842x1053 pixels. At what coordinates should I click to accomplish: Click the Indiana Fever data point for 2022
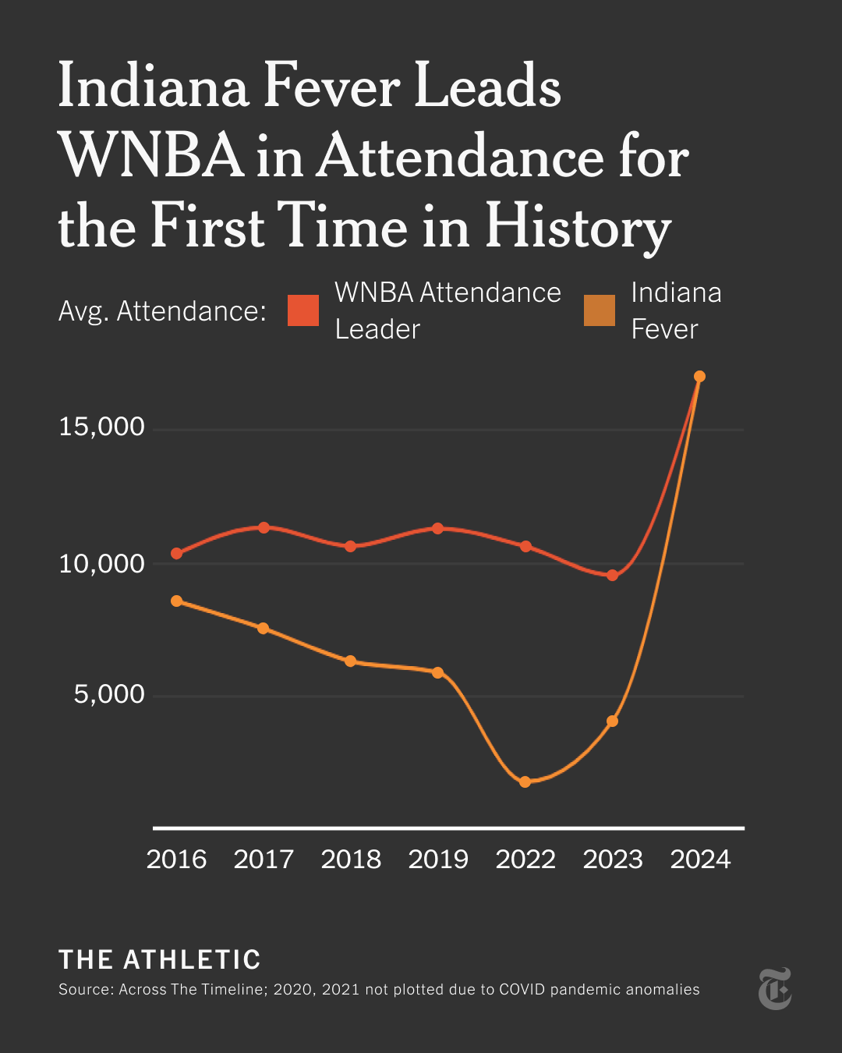tap(525, 782)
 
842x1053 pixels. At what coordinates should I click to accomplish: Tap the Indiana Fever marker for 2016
tap(176, 601)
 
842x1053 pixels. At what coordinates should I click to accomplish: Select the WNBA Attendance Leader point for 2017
tap(264, 527)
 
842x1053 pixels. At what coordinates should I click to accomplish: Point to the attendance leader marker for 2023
tap(612, 575)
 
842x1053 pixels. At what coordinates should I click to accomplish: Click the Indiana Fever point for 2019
tap(437, 672)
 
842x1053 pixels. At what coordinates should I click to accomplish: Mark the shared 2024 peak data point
tap(699, 377)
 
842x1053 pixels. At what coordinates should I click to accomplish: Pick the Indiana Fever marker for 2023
tap(612, 721)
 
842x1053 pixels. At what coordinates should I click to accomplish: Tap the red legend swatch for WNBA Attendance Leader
tap(303, 310)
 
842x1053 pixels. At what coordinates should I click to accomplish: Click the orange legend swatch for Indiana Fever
tap(600, 310)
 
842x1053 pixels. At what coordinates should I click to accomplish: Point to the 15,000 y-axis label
tap(101, 427)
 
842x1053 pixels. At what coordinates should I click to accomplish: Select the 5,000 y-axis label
tap(109, 693)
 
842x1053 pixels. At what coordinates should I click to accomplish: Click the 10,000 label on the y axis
tap(101, 563)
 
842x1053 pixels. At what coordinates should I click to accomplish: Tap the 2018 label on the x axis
tap(351, 859)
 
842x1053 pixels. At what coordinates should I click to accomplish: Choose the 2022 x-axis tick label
tap(525, 859)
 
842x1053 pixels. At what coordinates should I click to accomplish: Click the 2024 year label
tap(700, 859)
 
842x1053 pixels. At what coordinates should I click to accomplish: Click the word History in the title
tap(578, 227)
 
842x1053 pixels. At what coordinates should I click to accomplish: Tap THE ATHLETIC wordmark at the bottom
tap(160, 959)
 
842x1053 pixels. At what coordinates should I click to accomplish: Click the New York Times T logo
tap(775, 988)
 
